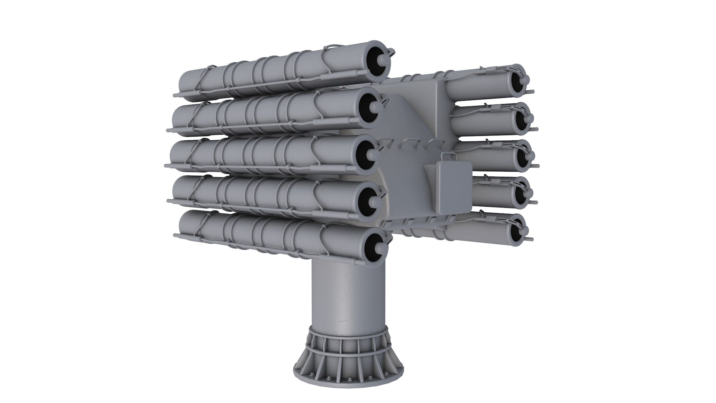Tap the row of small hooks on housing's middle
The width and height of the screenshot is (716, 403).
tap(406, 144)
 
